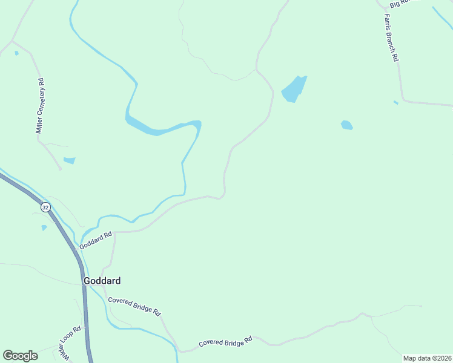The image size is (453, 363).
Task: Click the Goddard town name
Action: [102, 281]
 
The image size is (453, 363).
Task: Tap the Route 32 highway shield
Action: [45, 207]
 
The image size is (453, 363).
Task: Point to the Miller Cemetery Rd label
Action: [41, 106]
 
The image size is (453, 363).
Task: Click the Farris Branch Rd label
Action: [391, 38]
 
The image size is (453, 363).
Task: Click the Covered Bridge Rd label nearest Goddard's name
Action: [134, 306]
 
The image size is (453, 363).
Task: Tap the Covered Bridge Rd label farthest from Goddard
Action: [225, 342]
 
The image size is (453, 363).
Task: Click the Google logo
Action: [20, 356]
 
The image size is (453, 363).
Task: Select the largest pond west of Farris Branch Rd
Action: [294, 89]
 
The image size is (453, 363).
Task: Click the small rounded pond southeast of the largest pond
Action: [346, 125]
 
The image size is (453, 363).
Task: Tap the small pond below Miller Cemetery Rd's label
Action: [70, 160]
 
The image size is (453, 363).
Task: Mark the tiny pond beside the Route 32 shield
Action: [44, 227]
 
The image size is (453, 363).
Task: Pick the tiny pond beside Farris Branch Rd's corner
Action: [395, 102]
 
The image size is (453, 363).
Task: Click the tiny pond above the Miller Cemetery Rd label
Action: [16, 53]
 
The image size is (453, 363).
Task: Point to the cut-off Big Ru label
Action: [400, 4]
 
